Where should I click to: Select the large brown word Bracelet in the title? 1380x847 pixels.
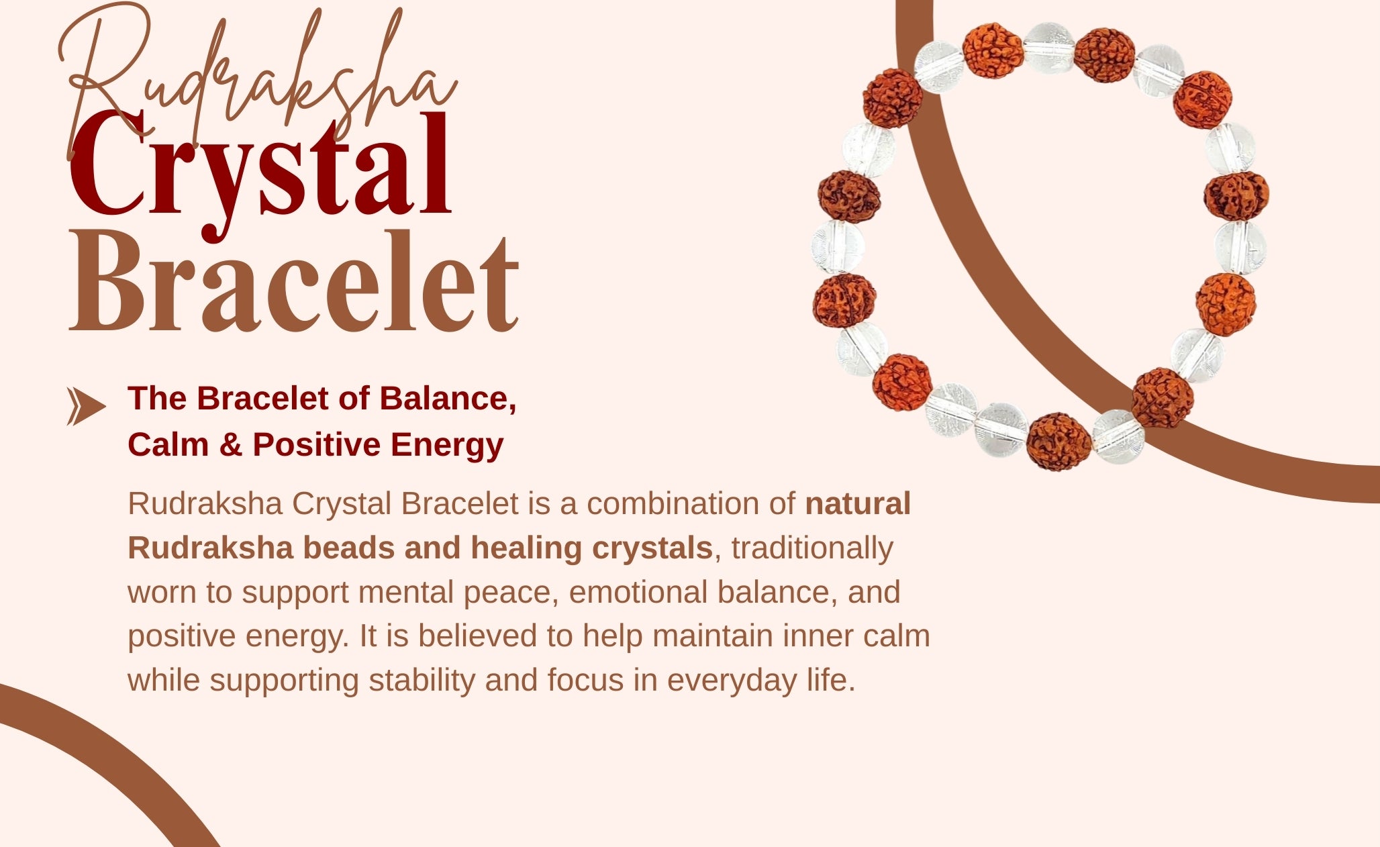(x=294, y=282)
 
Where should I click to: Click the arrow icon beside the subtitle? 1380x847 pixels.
(x=86, y=407)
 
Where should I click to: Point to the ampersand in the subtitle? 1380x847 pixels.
(x=230, y=444)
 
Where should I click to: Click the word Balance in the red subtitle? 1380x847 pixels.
(x=448, y=399)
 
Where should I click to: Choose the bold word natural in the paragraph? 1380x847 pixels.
(x=858, y=503)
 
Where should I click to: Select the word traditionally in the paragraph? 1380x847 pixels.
(x=812, y=548)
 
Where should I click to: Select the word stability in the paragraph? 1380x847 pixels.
(x=422, y=681)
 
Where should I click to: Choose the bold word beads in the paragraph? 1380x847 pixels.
(x=348, y=548)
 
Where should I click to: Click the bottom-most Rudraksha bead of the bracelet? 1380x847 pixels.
(x=1058, y=442)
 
